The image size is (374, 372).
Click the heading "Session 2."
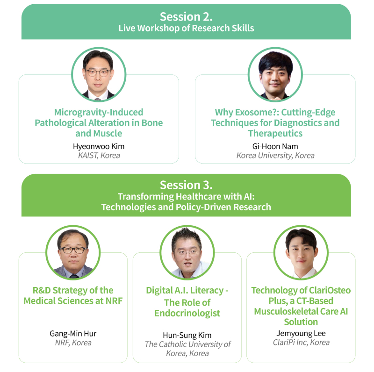(186, 17)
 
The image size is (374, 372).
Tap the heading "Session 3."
(186, 185)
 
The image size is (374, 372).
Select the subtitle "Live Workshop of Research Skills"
(186, 28)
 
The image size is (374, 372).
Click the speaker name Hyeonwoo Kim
(99, 146)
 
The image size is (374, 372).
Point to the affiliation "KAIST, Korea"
(99, 156)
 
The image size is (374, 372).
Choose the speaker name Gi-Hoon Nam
(275, 146)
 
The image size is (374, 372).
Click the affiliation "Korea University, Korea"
(275, 156)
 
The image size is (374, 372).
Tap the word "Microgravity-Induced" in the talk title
(99, 112)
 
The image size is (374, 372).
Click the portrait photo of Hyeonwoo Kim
(99, 74)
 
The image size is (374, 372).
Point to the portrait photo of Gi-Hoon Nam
(275, 74)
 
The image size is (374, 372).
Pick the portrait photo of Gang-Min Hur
(73, 252)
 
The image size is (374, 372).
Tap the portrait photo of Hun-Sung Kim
(187, 252)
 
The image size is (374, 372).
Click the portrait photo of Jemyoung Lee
(301, 252)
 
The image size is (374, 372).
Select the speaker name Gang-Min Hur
(73, 333)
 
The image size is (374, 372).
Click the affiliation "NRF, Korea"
(73, 343)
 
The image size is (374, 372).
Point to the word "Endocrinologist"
(187, 313)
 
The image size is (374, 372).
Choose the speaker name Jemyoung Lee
(301, 333)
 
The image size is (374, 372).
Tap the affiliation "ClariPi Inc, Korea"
(301, 343)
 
